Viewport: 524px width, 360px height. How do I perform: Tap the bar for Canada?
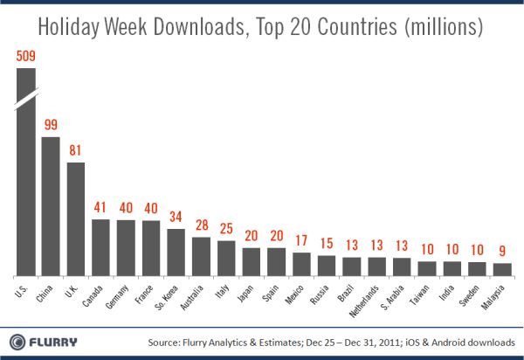pyautogui.click(x=101, y=245)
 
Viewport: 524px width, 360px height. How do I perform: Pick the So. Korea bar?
pyautogui.click(x=176, y=249)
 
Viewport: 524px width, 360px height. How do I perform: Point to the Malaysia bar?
pyautogui.click(x=503, y=267)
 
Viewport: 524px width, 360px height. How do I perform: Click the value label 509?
pyautogui.click(x=26, y=58)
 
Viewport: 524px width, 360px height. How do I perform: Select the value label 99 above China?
pyautogui.click(x=51, y=126)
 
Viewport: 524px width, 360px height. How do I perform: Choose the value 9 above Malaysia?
pyautogui.click(x=503, y=253)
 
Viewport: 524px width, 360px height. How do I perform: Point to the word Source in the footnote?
pyautogui.click(x=169, y=341)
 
